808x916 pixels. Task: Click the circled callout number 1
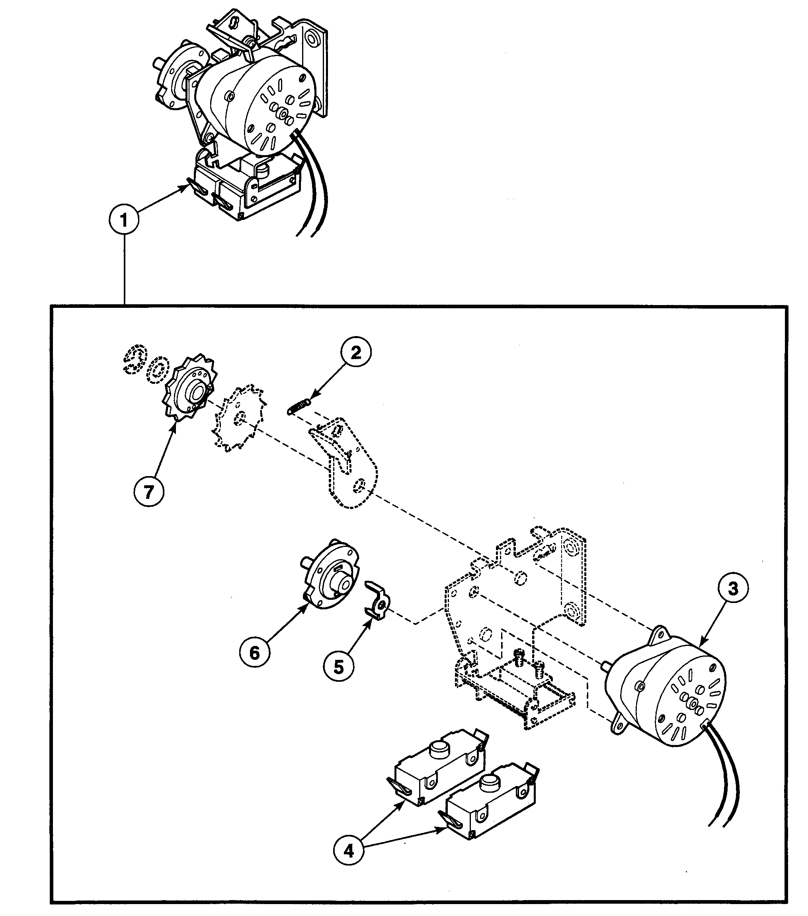pos(124,220)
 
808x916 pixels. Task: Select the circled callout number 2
pos(355,353)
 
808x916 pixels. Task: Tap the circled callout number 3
pos(733,588)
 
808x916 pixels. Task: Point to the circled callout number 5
pos(339,679)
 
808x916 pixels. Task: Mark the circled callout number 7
pos(149,492)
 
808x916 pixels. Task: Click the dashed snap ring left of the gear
pos(135,358)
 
